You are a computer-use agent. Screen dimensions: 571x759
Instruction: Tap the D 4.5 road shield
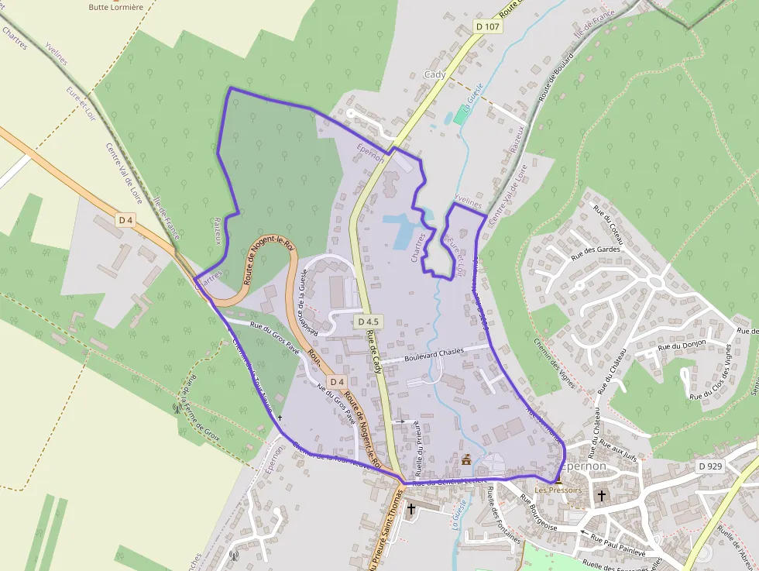pyautogui.click(x=368, y=322)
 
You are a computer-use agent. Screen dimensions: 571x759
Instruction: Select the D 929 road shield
pyautogui.click(x=709, y=466)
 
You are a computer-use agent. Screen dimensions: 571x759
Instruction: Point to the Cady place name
pyautogui.click(x=435, y=74)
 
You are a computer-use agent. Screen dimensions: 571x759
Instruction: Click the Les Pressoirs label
pyautogui.click(x=558, y=490)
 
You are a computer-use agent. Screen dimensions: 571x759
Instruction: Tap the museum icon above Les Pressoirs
pyautogui.click(x=558, y=480)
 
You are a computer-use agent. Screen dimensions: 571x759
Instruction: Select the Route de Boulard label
pyautogui.click(x=556, y=77)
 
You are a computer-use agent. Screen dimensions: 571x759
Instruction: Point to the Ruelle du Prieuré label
pyautogui.click(x=417, y=448)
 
